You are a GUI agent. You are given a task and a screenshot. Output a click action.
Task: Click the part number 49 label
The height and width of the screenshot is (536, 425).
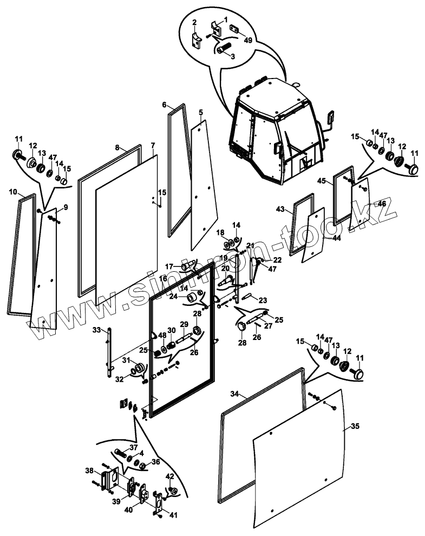(x=248, y=40)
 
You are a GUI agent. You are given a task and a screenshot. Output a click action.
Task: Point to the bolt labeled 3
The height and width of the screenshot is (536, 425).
(x=223, y=48)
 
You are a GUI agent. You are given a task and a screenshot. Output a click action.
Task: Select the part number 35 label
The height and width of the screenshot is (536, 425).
(x=355, y=427)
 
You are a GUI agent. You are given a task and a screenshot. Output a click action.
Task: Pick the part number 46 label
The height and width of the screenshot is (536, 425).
(x=382, y=204)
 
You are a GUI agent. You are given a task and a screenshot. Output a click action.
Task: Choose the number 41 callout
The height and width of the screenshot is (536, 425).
(x=173, y=515)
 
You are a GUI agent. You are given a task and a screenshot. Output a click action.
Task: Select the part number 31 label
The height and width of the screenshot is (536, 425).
(x=126, y=361)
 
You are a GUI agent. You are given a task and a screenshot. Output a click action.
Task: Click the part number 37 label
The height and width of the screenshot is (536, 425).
(x=133, y=447)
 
